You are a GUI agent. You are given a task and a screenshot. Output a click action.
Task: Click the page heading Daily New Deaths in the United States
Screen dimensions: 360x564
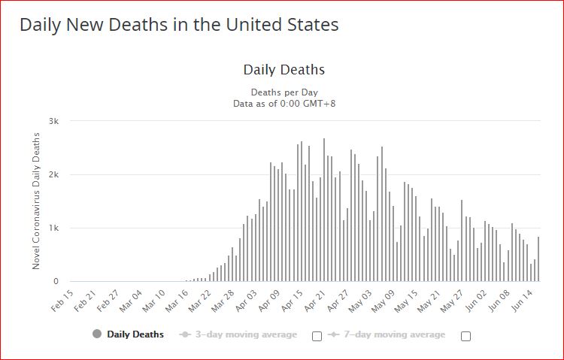[x=179, y=25]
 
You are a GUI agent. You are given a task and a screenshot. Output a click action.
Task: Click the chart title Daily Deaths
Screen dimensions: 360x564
[x=284, y=70]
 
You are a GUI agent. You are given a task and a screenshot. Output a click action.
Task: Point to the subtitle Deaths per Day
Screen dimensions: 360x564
[x=284, y=92]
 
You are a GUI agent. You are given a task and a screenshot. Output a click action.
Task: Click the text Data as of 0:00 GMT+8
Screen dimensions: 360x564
[x=284, y=103]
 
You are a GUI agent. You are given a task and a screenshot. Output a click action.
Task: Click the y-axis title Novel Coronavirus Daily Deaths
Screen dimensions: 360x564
[x=36, y=201]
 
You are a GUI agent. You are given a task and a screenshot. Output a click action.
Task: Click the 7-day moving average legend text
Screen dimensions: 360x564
[x=395, y=334]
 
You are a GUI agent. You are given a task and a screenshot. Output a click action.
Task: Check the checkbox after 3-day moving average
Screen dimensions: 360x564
[x=317, y=336]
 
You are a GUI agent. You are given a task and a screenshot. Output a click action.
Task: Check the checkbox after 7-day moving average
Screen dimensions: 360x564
[x=465, y=336]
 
